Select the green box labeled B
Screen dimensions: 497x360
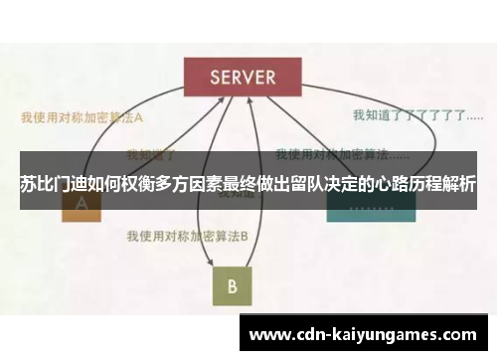[x=231, y=286]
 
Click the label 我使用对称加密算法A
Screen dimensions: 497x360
[x=83, y=116]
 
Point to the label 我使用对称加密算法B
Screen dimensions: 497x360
[x=187, y=237]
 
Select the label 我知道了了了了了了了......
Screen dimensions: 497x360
[x=409, y=115]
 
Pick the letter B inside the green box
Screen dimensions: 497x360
[x=231, y=286]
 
